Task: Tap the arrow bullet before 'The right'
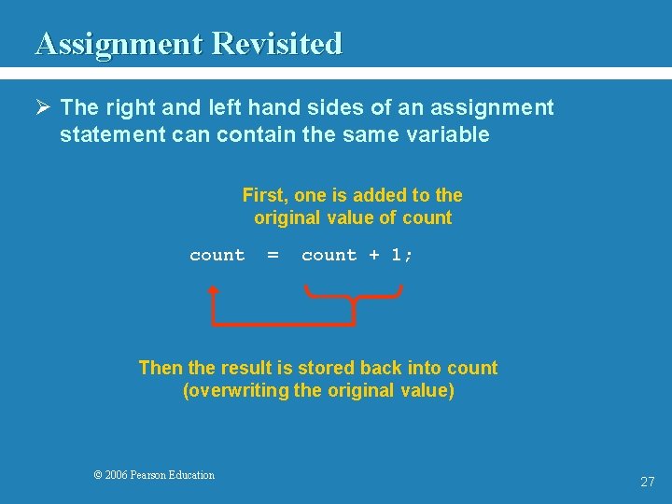pyautogui.click(x=43, y=108)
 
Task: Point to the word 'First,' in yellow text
pyautogui.click(x=265, y=195)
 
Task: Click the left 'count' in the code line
pyautogui.click(x=217, y=256)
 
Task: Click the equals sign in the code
pyautogui.click(x=273, y=256)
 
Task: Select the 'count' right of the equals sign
pyautogui.click(x=329, y=256)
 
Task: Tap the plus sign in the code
pyautogui.click(x=374, y=256)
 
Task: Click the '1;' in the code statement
pyautogui.click(x=402, y=256)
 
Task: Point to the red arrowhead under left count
pyautogui.click(x=214, y=290)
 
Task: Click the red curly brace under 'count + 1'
pyautogui.click(x=354, y=298)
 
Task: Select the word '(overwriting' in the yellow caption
pyautogui.click(x=235, y=390)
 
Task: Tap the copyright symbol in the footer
pyautogui.click(x=98, y=475)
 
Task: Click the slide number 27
pyautogui.click(x=647, y=483)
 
